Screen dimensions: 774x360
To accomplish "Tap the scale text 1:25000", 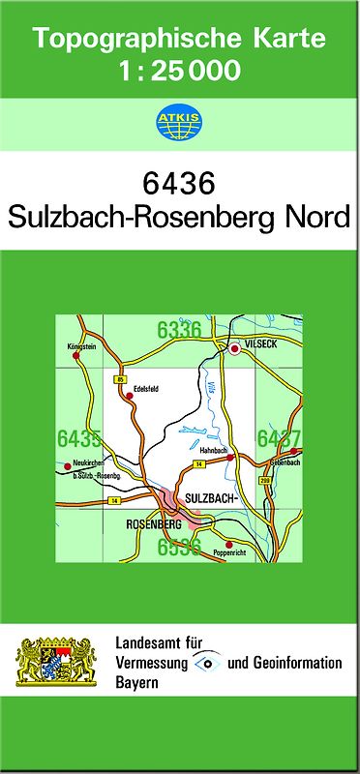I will [x=179, y=71].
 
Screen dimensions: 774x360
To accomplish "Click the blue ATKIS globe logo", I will [x=179, y=121].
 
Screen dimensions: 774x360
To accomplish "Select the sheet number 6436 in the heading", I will [x=179, y=183].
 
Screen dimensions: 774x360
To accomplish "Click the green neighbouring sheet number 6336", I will [x=179, y=330].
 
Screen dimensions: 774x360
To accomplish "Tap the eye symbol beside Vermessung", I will [x=206, y=663].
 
